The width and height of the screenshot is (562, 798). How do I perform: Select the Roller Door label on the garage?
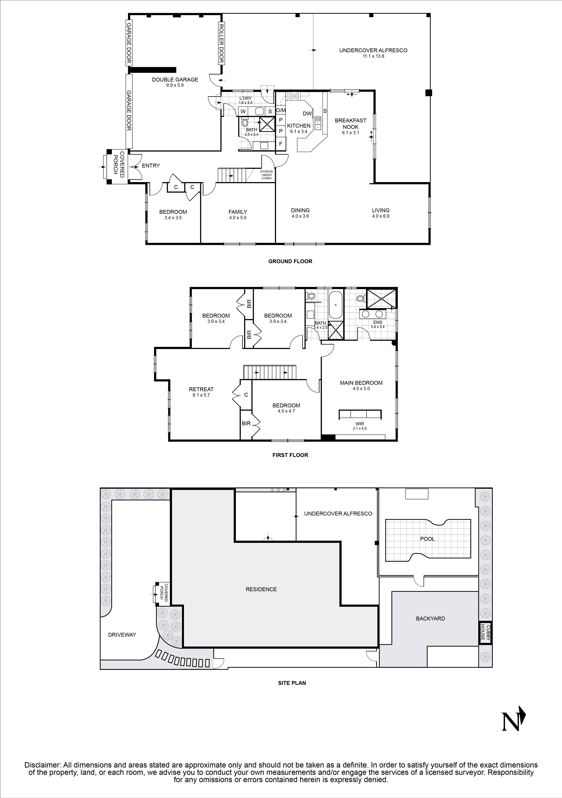221,44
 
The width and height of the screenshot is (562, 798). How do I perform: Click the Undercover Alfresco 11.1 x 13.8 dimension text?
373,56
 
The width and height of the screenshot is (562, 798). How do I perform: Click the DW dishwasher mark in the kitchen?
307,114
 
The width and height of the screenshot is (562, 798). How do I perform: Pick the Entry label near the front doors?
151,166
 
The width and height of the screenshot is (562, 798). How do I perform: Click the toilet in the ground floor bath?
244,123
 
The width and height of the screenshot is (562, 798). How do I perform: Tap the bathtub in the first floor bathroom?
336,305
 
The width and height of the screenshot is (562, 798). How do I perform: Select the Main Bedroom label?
361,383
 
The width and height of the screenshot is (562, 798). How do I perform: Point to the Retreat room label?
201,389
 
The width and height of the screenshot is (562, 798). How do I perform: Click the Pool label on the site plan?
427,539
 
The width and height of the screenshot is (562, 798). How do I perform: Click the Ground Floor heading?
290,261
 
